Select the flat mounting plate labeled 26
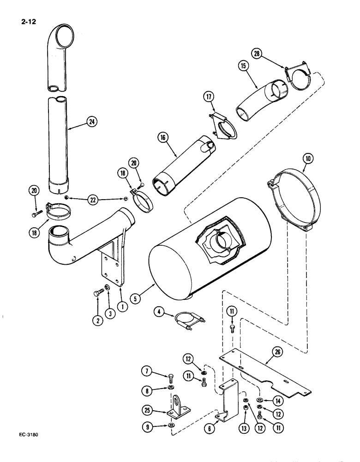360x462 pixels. click(268, 370)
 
